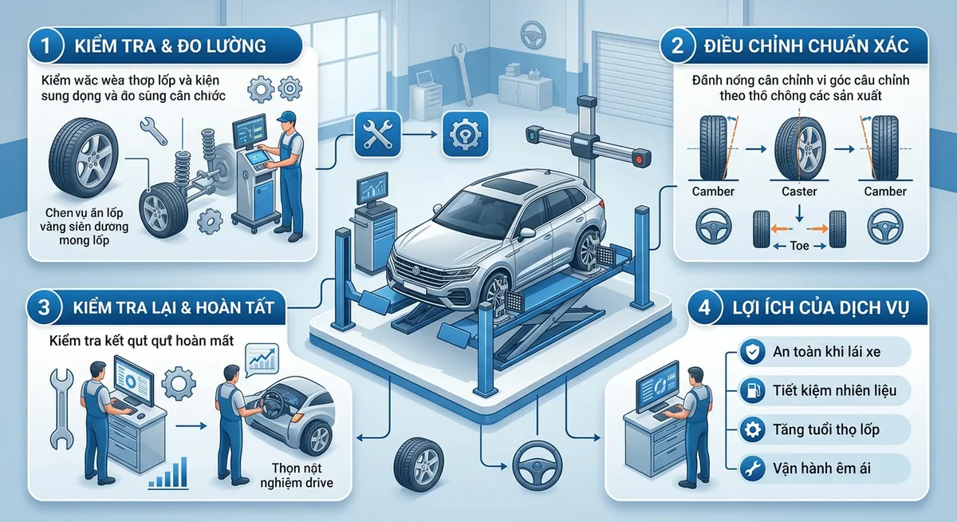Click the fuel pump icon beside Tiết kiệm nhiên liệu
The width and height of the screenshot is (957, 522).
click(x=749, y=390)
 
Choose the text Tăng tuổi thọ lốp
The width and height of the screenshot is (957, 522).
click(x=826, y=429)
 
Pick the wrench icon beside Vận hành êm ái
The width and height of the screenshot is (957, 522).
click(x=749, y=468)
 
